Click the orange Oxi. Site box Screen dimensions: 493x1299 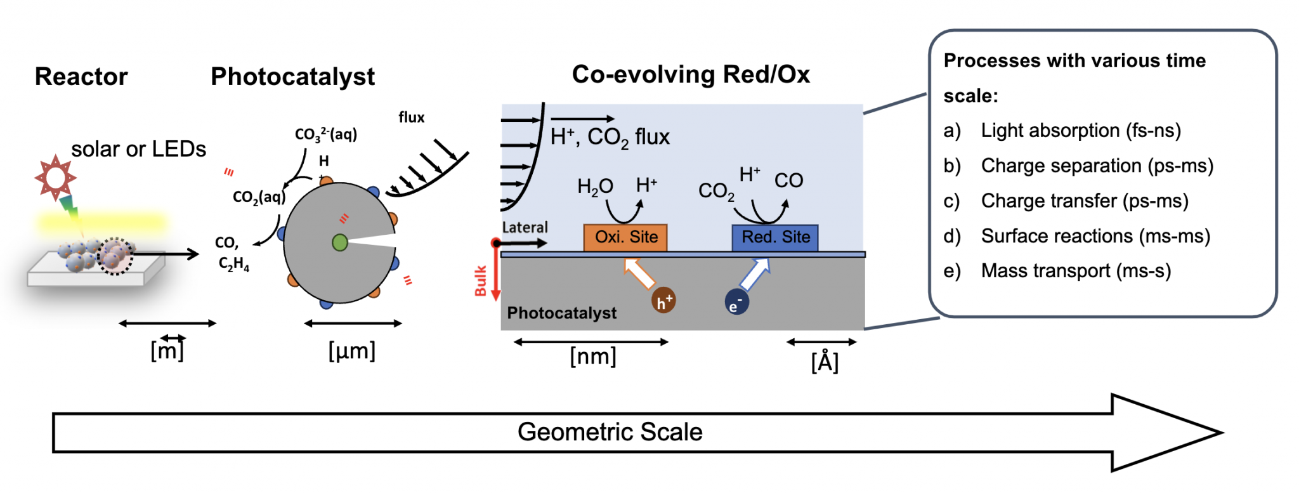[625, 237]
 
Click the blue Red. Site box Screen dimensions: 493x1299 [774, 237]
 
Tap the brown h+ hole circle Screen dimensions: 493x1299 [663, 301]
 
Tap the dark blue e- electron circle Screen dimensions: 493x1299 [736, 303]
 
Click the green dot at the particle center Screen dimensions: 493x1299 [340, 242]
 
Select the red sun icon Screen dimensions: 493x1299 [55, 177]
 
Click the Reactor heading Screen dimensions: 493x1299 [81, 77]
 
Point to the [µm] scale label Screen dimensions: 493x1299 [352, 351]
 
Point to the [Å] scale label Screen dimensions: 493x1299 [825, 362]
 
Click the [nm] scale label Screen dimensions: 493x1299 [593, 357]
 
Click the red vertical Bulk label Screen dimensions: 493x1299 [481, 281]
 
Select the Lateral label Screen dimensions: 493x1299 [525, 227]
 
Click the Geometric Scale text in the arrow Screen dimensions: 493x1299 [610, 432]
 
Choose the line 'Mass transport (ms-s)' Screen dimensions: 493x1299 [1075, 271]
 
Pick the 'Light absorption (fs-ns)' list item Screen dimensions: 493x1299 [1080, 131]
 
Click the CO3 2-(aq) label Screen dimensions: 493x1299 [326, 135]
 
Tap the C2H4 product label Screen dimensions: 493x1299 [233, 264]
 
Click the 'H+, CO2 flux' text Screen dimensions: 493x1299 [610, 137]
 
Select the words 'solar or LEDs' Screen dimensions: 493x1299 [138, 150]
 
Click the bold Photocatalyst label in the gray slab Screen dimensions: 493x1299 [561, 313]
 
